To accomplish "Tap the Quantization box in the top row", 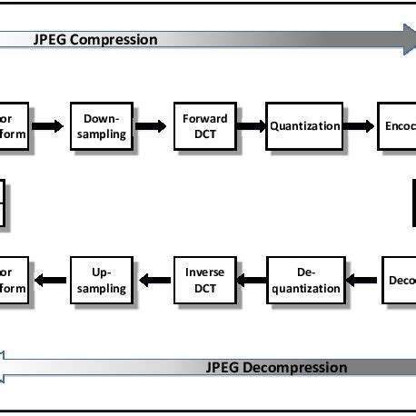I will pyautogui.click(x=304, y=126).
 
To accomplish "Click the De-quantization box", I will pyautogui.click(x=305, y=280).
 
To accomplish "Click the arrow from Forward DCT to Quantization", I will pyautogui.click(x=250, y=126).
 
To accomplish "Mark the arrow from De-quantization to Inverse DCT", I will pyautogui.click(x=250, y=280).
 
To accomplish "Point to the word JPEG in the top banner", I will pyautogui.click(x=49, y=39).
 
